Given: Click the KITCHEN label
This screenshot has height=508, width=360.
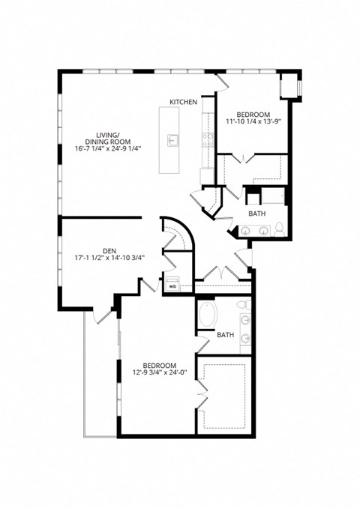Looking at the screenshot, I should pyautogui.click(x=184, y=101).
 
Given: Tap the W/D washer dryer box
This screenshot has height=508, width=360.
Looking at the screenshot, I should pyautogui.click(x=172, y=282).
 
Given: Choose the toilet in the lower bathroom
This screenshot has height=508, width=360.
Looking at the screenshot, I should pyautogui.click(x=243, y=305).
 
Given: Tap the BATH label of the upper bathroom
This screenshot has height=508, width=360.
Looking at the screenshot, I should pyautogui.click(x=257, y=214).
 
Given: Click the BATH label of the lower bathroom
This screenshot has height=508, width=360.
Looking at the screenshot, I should pyautogui.click(x=225, y=334).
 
